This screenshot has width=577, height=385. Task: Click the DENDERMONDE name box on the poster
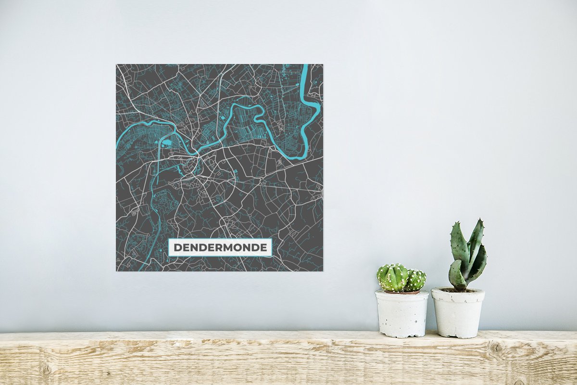(x=220, y=247)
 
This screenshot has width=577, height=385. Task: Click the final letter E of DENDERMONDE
(x=263, y=248)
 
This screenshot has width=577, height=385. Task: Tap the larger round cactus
(x=392, y=278)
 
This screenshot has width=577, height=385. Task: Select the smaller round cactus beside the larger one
(x=416, y=280)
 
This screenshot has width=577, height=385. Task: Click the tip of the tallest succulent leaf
(x=479, y=221)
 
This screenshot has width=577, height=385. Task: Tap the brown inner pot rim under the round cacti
(x=402, y=292)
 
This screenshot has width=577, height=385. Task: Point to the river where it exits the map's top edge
(x=305, y=66)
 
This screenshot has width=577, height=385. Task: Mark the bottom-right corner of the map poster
(x=323, y=270)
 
